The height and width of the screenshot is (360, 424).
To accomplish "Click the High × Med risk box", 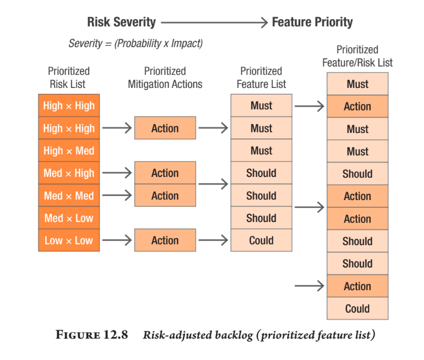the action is click(x=69, y=151).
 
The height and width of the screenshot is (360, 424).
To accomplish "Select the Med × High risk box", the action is click(x=69, y=173).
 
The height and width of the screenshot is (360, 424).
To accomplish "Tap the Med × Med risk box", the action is click(x=69, y=196).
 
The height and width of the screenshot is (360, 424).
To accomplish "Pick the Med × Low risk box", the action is click(x=69, y=218).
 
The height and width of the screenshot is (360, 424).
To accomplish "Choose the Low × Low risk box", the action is click(x=69, y=240).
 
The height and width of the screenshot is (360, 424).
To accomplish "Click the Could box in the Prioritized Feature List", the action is click(x=261, y=240).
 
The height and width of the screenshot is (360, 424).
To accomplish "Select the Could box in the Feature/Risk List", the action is click(x=357, y=308).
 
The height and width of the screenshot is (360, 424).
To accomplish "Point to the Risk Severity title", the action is click(x=122, y=22).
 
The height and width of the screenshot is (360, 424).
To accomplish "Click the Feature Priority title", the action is click(x=312, y=22).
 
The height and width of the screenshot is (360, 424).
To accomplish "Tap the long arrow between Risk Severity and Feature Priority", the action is click(x=214, y=23).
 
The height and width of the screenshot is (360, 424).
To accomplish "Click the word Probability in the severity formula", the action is click(x=139, y=43).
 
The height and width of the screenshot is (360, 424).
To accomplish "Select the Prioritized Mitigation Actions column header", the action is click(x=165, y=77).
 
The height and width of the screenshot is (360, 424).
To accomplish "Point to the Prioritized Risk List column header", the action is click(x=69, y=77).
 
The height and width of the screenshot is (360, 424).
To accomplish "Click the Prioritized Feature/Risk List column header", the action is click(x=357, y=56).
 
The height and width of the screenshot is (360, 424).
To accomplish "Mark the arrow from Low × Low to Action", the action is click(x=117, y=240).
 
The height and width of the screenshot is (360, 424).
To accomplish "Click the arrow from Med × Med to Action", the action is click(x=117, y=195).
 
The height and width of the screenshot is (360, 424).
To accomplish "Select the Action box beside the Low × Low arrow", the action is click(x=165, y=240).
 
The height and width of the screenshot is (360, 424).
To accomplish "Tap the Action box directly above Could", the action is click(x=357, y=286).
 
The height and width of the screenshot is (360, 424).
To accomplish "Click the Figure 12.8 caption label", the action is click(x=92, y=335).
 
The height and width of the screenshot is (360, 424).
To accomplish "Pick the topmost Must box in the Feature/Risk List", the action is click(x=357, y=84).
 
